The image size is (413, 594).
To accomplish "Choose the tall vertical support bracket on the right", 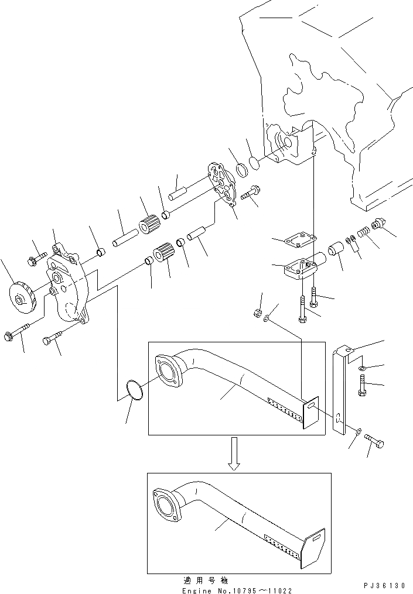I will [340, 392].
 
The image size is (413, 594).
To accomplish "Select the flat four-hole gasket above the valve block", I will [299, 239].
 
